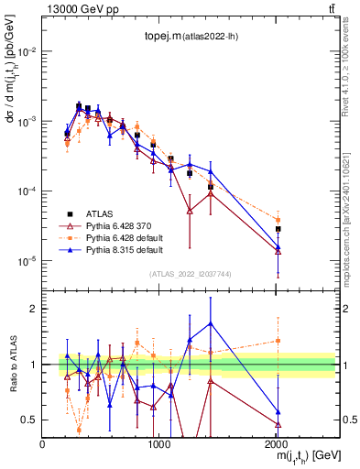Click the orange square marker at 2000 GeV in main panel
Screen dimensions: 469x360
pos(278,220)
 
